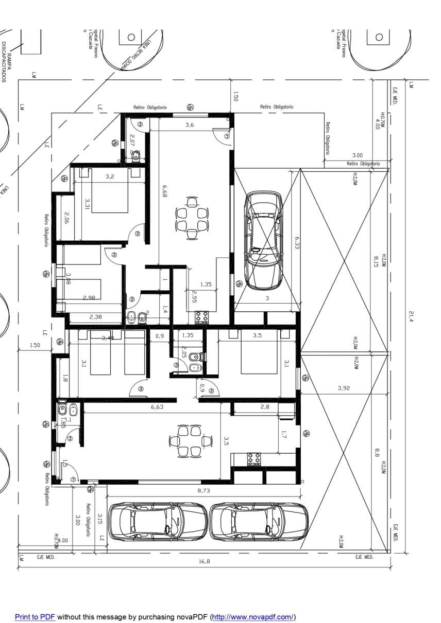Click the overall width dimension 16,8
tap(204, 562)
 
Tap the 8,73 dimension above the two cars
tap(204, 491)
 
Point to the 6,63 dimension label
tap(157, 407)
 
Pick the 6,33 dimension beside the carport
tap(297, 242)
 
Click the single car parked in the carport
tap(263, 240)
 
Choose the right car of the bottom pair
tap(259, 522)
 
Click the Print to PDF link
tap(35, 617)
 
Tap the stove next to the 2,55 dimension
tap(201, 316)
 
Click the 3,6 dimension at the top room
tap(190, 125)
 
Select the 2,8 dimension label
tap(265, 407)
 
